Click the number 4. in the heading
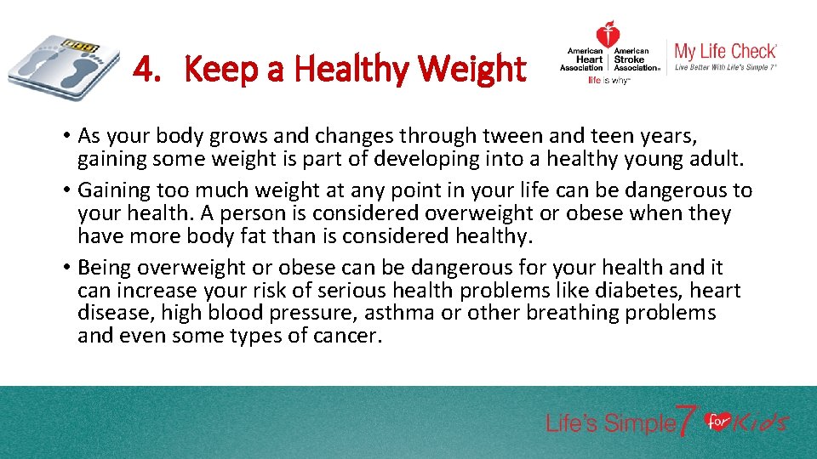(x=146, y=69)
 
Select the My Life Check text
(x=725, y=51)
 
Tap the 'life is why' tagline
(x=608, y=81)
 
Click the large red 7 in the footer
(x=687, y=422)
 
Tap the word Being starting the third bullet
(x=104, y=269)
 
